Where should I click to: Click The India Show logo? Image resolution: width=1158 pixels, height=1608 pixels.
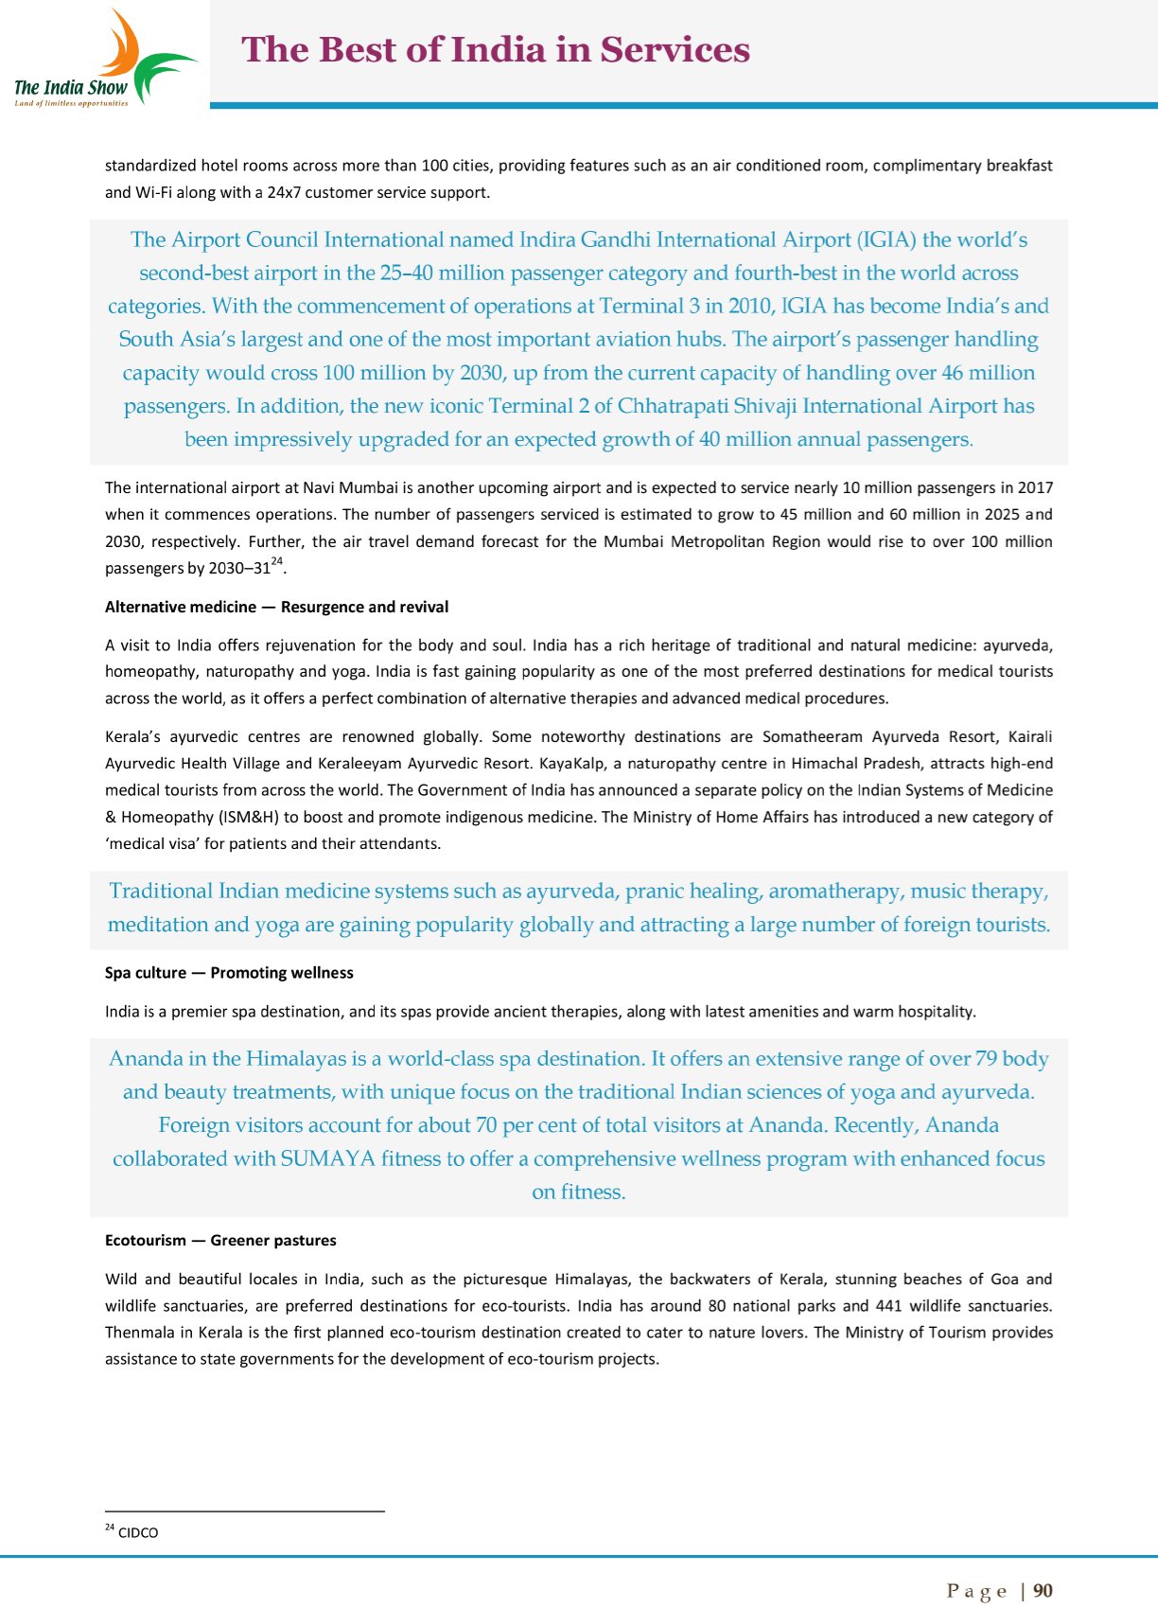(x=104, y=59)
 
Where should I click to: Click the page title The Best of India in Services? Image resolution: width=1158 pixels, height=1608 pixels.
(x=496, y=50)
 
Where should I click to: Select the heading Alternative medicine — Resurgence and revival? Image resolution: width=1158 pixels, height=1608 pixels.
(x=276, y=607)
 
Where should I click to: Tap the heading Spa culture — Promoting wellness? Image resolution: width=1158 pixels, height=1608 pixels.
(x=229, y=973)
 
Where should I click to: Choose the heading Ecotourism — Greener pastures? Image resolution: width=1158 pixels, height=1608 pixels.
(x=220, y=1240)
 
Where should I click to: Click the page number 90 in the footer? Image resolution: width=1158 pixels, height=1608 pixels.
(x=1043, y=1591)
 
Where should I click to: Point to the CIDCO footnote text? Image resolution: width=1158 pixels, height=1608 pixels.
(x=138, y=1533)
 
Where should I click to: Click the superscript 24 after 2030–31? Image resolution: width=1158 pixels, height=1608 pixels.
(x=276, y=562)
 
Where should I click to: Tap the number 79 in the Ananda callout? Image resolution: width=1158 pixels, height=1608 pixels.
(x=986, y=1059)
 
